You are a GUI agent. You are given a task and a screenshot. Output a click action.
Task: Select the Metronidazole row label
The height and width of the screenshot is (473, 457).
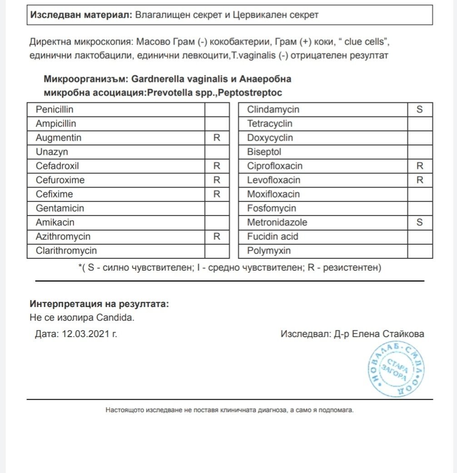(x=277, y=222)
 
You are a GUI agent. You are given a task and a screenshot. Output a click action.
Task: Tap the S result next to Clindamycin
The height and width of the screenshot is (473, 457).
(x=419, y=110)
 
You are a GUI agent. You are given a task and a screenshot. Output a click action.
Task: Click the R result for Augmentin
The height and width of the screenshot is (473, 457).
(x=217, y=138)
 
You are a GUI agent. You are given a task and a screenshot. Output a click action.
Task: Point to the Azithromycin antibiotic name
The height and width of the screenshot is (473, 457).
(x=63, y=236)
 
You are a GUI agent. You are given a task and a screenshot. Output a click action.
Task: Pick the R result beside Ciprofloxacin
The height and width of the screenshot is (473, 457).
(x=419, y=166)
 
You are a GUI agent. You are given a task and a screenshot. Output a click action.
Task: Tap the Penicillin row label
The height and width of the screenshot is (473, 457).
(x=54, y=110)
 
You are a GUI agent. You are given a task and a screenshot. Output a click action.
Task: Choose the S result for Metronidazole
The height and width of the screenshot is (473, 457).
(x=419, y=222)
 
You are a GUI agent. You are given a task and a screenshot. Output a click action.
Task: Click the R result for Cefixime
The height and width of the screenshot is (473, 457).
(x=217, y=194)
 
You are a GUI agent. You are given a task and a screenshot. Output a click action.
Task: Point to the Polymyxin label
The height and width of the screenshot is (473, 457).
(x=269, y=251)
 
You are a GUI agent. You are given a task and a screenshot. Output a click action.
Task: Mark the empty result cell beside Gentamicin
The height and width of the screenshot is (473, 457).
(x=217, y=208)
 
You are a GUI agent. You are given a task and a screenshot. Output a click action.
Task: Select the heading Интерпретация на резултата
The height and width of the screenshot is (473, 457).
(x=99, y=304)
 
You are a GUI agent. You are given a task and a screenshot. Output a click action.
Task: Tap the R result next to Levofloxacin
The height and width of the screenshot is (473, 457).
(x=419, y=180)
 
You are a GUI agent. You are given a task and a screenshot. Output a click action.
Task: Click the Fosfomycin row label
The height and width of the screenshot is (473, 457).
(x=272, y=208)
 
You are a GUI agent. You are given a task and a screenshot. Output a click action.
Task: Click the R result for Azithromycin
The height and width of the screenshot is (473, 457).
(x=217, y=236)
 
